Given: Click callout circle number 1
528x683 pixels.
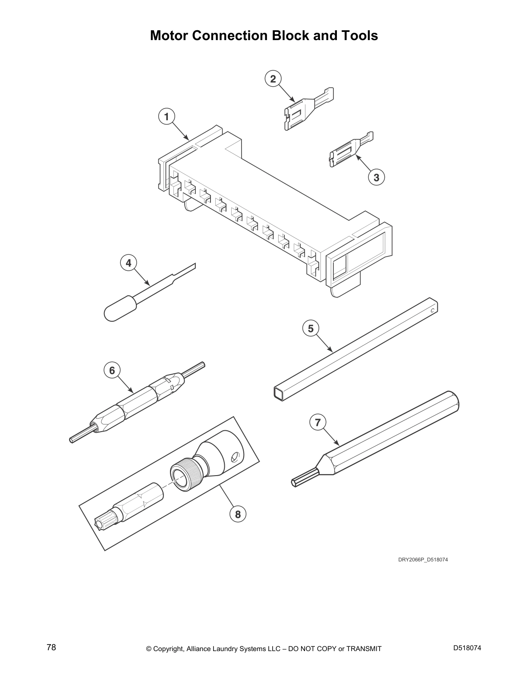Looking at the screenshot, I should (x=167, y=116).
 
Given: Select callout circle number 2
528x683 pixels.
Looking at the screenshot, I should (x=273, y=79).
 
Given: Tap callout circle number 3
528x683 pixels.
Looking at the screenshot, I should (x=376, y=177).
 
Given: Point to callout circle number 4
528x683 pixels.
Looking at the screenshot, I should (x=129, y=263).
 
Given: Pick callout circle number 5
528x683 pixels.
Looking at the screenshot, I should (x=311, y=329).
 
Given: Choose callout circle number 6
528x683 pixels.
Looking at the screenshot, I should (x=112, y=370).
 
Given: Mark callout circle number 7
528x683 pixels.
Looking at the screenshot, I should (x=318, y=422).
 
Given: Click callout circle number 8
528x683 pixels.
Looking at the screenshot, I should (x=238, y=514).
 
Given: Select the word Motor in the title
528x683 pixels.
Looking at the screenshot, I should (x=169, y=35).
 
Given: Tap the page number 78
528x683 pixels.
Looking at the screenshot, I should (x=51, y=648).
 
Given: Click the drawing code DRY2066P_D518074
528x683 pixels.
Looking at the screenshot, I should (x=420, y=560).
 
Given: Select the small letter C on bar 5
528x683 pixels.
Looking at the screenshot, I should (x=432, y=309).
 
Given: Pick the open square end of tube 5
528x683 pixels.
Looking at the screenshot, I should (x=278, y=392).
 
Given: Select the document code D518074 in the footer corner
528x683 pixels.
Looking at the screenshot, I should (x=467, y=648).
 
